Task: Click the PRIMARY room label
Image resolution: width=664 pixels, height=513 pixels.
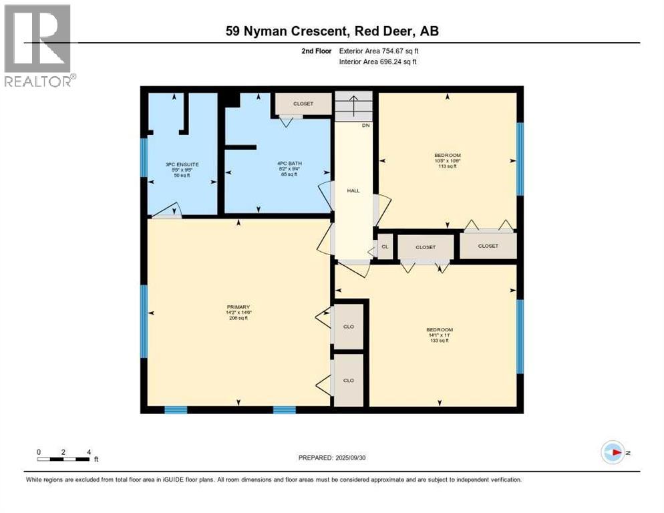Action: click(x=238, y=307)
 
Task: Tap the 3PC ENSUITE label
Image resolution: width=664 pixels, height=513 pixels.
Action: click(x=182, y=164)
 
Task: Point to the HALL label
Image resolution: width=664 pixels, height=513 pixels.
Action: click(x=353, y=191)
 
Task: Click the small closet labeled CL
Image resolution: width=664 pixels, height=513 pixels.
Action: click(x=385, y=246)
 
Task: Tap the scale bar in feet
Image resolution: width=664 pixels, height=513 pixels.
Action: click(x=64, y=458)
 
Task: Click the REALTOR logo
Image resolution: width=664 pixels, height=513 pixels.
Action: click(x=38, y=44)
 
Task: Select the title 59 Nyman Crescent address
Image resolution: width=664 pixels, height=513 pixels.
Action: click(x=332, y=31)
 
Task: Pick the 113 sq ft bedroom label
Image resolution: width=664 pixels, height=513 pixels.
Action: click(x=446, y=167)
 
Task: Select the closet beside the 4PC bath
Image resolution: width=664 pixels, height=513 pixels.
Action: click(x=303, y=104)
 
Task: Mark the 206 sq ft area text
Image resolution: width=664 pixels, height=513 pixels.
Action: click(x=238, y=318)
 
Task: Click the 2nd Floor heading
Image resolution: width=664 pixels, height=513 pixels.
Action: click(x=317, y=51)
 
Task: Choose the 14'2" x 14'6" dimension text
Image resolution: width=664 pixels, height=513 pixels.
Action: click(x=238, y=313)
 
